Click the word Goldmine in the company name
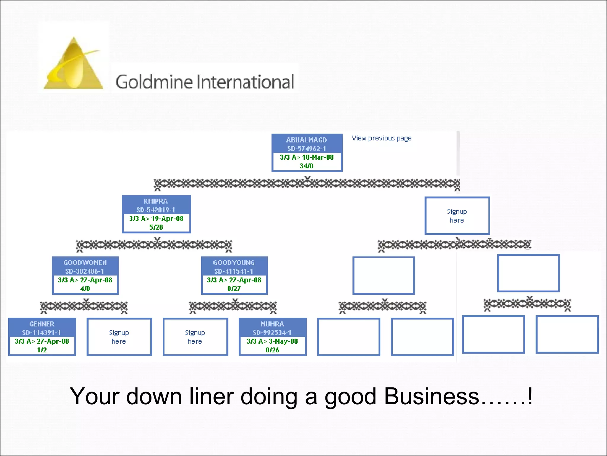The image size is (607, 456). point(154,82)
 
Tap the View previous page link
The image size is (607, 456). point(381,138)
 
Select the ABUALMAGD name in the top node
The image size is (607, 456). point(306,140)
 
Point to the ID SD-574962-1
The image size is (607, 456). point(306,148)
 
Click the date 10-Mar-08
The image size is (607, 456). point(318,157)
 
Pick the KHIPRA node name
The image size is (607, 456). point(156,201)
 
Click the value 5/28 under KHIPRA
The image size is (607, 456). point(156,227)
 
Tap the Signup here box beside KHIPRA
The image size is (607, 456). point(457,216)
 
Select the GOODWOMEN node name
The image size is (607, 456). point(85,263)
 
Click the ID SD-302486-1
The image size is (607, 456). point(85,271)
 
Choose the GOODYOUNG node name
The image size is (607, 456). point(234,263)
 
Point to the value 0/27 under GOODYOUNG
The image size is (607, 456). point(234,289)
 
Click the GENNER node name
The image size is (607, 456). point(42,324)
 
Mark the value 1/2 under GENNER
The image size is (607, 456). point(42,350)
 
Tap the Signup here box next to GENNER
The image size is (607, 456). point(119,337)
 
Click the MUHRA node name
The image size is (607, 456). point(272,324)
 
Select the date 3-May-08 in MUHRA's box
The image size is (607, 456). point(283,341)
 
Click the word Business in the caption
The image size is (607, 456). point(432,396)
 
